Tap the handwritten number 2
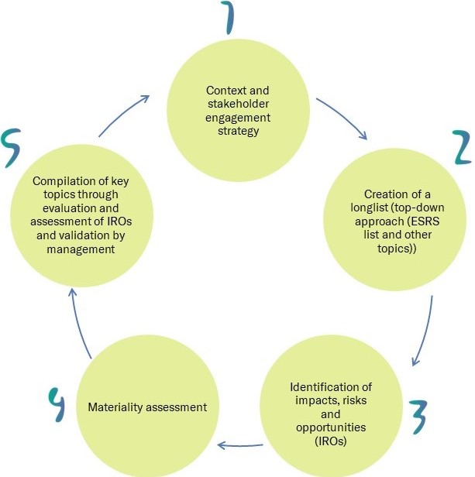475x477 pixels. (462, 147)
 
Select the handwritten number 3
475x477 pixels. (418, 419)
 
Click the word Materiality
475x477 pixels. (117, 407)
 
